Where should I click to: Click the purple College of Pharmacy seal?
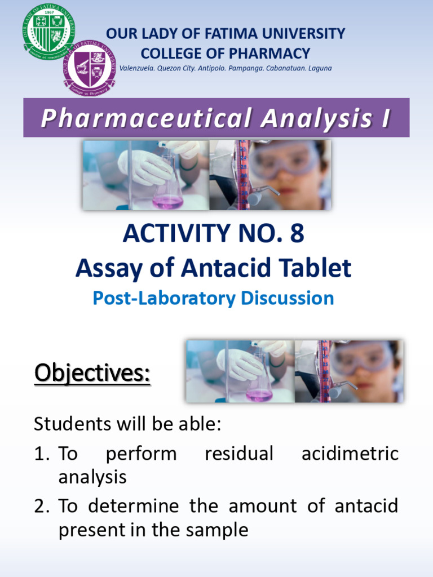coord(89,68)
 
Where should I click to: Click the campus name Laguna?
coord(317,68)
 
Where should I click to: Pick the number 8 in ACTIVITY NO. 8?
coord(297,234)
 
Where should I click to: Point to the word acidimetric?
coord(350,453)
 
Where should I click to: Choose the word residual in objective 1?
coord(239,453)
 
